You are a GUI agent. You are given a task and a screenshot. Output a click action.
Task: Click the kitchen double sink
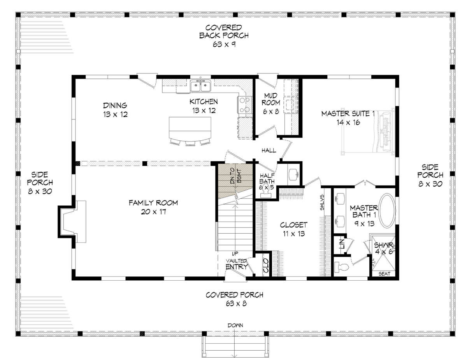pos(200,86)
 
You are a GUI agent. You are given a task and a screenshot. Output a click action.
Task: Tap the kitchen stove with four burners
pos(244,105)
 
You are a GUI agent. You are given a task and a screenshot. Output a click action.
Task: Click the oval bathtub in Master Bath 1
pos(387,211)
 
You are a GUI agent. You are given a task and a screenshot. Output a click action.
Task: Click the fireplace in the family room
pos(72,222)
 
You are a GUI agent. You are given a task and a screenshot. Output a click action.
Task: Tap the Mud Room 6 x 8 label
pos(270,103)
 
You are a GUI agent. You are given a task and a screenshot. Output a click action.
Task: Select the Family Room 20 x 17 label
pos(153,207)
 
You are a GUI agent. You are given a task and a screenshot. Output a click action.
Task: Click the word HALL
pos(269,150)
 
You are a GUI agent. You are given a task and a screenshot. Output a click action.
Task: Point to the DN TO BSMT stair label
pos(236,176)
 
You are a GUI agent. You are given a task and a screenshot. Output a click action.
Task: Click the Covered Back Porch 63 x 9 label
pos(224,36)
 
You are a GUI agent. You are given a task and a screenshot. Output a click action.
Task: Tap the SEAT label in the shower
pos(384,274)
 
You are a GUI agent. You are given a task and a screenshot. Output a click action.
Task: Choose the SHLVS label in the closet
pos(322,202)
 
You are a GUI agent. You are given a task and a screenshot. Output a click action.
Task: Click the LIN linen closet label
pos(341,244)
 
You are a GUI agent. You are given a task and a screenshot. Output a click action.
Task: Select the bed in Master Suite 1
pos(368,131)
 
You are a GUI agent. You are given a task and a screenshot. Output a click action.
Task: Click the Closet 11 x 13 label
pos(293,229)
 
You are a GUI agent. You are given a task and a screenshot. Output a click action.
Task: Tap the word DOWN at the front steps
pos(235,325)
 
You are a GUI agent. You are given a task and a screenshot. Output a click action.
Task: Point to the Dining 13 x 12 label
pos(115,110)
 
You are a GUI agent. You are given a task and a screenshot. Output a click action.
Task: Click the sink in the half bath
pos(293,175)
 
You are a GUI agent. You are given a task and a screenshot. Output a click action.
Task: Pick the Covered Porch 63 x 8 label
pos(234,299)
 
